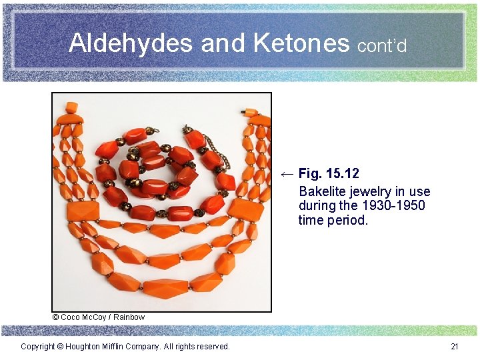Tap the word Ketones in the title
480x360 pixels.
(x=302, y=43)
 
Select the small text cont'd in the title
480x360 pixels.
(x=381, y=46)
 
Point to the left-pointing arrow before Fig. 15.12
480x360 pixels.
(x=287, y=174)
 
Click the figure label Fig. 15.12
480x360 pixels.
(x=329, y=174)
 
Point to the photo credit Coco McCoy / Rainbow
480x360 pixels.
(x=102, y=317)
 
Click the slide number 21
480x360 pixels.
(x=455, y=346)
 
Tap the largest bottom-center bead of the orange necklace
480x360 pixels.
(x=165, y=288)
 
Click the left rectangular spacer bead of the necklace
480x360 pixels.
(x=83, y=211)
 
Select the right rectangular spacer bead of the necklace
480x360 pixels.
(x=242, y=209)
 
